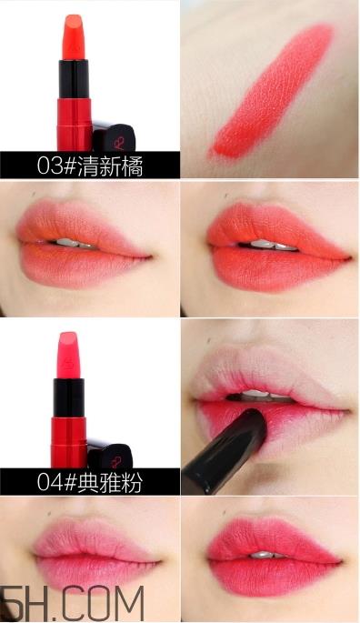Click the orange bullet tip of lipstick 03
[74, 38]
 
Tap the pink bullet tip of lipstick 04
[68, 356]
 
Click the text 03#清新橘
[90, 165]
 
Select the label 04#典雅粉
[90, 482]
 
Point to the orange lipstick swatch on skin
[274, 91]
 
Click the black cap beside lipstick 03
[115, 137]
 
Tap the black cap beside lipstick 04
[110, 454]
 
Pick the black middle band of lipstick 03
[74, 79]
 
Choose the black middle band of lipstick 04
[68, 397]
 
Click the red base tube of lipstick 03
[75, 125]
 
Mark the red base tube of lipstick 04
[69, 443]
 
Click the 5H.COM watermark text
[72, 604]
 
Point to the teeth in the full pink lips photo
[265, 555]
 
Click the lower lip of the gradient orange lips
[79, 266]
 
